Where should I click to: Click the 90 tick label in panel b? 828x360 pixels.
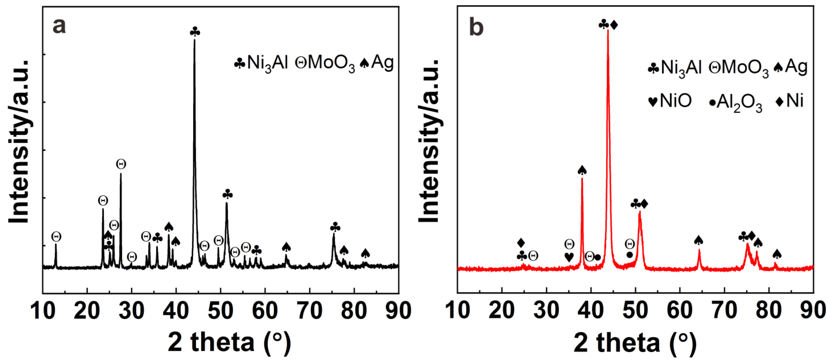tap(813, 311)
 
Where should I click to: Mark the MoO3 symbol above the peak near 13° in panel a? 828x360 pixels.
tap(56, 237)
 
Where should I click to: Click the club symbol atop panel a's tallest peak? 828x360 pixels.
tap(195, 32)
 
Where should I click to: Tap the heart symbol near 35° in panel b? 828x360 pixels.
tap(569, 257)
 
